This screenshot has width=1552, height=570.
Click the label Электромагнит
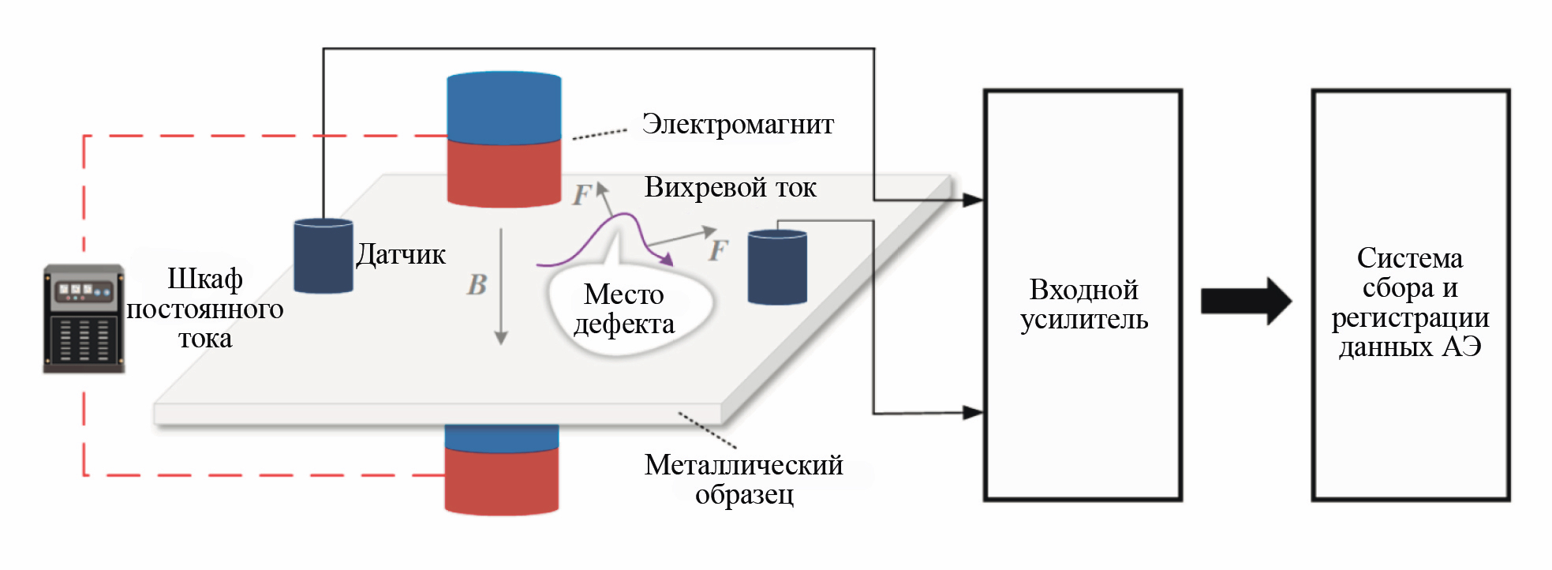tap(737, 125)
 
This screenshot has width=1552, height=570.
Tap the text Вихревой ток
tap(730, 188)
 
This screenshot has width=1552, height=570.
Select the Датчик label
tap(401, 254)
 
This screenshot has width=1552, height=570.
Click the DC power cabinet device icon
tap(84, 318)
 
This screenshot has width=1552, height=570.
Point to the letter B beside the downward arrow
tap(477, 285)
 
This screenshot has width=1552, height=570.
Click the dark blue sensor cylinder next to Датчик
tap(323, 256)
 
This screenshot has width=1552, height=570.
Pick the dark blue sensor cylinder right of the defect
tap(777, 267)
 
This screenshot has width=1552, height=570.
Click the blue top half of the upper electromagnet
tap(504, 108)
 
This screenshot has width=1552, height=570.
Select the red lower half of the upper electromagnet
tap(504, 174)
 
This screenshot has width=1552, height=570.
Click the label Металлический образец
tap(743, 479)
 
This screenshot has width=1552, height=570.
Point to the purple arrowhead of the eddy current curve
tap(667, 260)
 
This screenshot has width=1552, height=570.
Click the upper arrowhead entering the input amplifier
tap(973, 200)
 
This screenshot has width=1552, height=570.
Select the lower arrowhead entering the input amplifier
tap(973, 412)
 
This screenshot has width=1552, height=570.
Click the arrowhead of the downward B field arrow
tap(501, 338)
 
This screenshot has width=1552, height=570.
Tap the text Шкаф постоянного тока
tap(204, 309)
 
